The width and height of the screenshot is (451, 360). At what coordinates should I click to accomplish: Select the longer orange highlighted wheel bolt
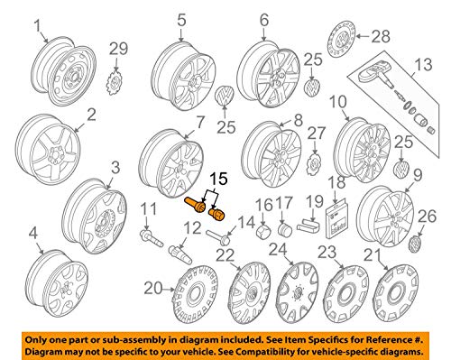coord(195,205)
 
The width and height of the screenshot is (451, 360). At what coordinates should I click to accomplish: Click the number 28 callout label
coord(381,37)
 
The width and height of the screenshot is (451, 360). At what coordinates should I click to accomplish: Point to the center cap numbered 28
coord(341,39)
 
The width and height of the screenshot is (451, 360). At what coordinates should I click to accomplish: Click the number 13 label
coord(423,65)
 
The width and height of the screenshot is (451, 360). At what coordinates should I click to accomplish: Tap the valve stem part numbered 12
coord(180,254)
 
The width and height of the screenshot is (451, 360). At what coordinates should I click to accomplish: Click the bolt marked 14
coord(218,236)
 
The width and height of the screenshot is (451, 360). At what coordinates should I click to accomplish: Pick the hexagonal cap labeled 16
coord(263,231)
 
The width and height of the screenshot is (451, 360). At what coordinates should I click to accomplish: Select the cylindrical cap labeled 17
coord(284,230)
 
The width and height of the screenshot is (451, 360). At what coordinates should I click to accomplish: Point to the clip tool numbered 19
coord(308,225)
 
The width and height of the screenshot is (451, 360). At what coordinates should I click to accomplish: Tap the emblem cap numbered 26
coord(416,243)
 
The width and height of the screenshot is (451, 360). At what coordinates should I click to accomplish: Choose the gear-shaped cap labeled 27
coord(314,165)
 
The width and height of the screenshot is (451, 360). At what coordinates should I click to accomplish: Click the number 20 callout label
coord(154,288)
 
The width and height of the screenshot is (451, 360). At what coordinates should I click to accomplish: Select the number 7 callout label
coord(199,123)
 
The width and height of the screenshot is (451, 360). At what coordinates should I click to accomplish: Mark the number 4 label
coord(33,233)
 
